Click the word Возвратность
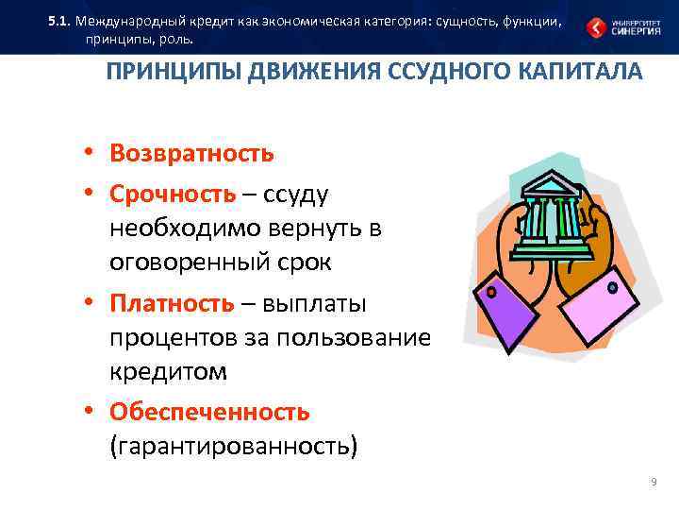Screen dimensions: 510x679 191,153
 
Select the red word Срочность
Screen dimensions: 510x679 173,194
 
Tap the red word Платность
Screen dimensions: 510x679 171,303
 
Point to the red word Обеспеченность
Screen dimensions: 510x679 209,412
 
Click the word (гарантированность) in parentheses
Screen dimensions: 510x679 234,445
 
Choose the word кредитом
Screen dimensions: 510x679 169,371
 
